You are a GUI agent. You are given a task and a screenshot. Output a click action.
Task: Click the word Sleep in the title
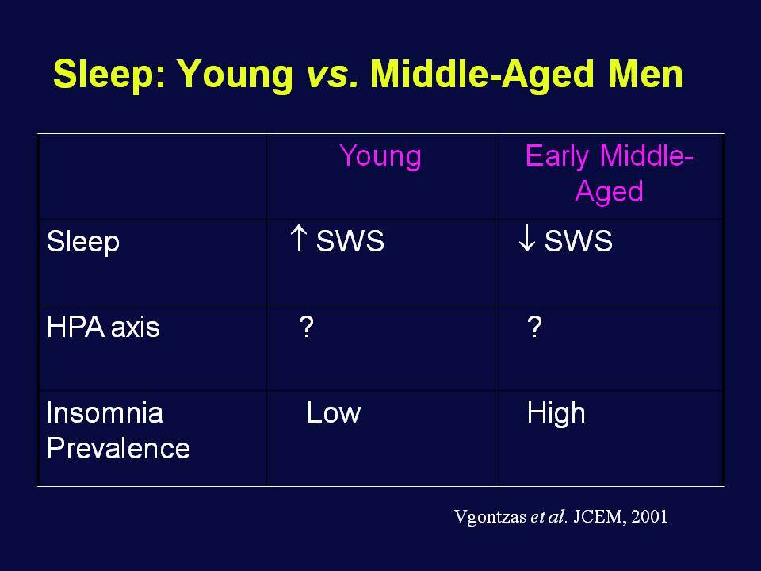[x=109, y=75]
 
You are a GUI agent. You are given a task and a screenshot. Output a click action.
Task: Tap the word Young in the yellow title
[x=235, y=75]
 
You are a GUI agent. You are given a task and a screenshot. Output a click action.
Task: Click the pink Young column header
[x=380, y=157]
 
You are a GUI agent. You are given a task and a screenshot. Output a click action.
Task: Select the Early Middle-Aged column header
[x=609, y=174]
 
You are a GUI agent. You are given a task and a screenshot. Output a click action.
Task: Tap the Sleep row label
[x=83, y=242]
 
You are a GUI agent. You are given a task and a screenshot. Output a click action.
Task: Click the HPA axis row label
[x=103, y=327]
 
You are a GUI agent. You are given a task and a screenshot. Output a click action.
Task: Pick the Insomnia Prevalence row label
[x=118, y=430]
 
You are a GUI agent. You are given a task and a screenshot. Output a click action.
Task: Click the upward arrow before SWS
[x=298, y=238]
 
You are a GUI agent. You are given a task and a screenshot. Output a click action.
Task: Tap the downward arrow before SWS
[x=526, y=239]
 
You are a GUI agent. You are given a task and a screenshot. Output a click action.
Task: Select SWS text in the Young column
[x=350, y=240]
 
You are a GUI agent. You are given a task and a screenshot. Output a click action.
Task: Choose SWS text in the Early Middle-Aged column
[x=578, y=240]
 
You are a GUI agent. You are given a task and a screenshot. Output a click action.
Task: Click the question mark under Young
[x=306, y=327]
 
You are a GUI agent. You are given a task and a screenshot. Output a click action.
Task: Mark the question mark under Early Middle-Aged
[x=534, y=327]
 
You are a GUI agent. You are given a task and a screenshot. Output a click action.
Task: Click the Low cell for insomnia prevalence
[x=334, y=413]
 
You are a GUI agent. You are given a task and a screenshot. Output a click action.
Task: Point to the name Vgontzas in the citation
[x=490, y=516]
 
